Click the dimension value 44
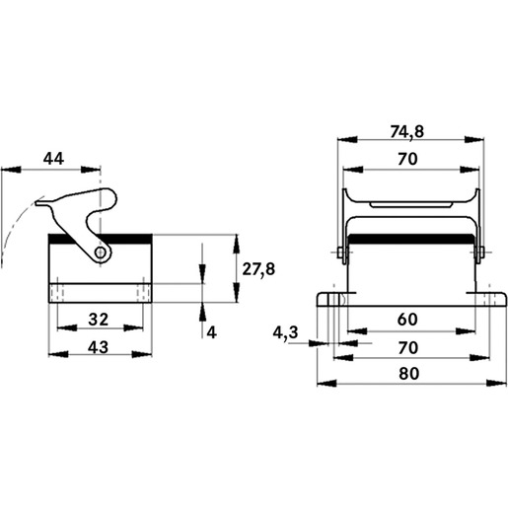coord(53,159)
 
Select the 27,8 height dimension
coord(258,269)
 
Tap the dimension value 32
coord(99,320)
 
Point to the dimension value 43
coord(98,347)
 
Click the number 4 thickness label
coord(211,332)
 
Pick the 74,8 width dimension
coord(407,132)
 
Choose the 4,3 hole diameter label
coord(285,332)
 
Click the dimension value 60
coord(407,320)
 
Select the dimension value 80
coord(408,374)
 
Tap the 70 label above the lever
coord(407,159)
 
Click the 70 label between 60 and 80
coord(407,347)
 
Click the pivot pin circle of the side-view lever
coord(100,253)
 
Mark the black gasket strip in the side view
coord(101,240)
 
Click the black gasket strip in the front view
coord(410,239)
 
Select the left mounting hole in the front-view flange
coord(334,300)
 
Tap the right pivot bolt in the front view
coord(480,253)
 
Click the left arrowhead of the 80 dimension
coord(327,383)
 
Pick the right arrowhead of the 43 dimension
coord(142,354)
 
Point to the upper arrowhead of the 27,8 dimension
coord(236,244)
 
